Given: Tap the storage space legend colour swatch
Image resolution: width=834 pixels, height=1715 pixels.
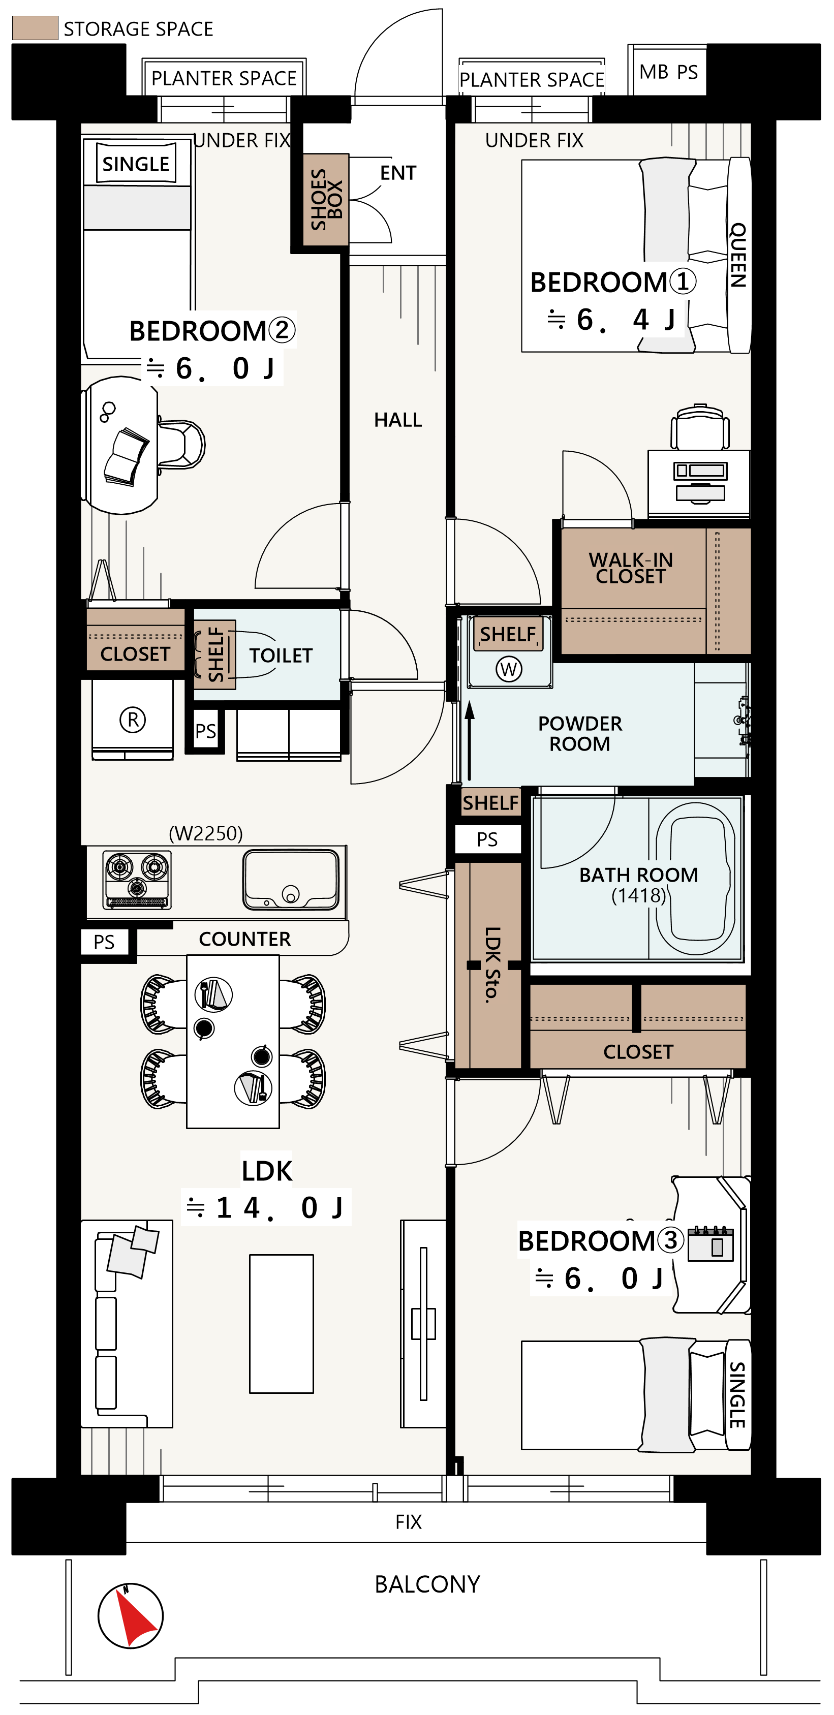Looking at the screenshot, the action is coord(35,28).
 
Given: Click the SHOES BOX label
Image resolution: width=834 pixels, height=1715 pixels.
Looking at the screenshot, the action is coord(326,199).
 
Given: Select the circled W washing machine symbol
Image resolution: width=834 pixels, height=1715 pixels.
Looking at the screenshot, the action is coord(509,669).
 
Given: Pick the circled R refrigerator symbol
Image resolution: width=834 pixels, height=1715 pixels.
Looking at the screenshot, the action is coord(133,720).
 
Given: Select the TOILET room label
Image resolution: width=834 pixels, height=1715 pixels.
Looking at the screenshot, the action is coord(281,656).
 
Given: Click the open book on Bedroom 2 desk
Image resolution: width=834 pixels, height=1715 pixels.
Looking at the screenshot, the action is coord(126,457).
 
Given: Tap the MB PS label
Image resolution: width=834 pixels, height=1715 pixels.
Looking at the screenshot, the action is coord(668,72).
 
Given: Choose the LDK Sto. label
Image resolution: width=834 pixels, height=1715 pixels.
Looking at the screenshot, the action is coord(492,964).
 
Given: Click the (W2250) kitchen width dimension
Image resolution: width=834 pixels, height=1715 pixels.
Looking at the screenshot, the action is coord(206,833).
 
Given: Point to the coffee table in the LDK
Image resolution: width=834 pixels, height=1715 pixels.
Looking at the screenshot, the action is coord(282,1324).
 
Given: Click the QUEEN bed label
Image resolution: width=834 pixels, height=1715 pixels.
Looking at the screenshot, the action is coord(738,255).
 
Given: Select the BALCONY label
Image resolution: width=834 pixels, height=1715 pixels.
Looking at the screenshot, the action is coord(427,1584).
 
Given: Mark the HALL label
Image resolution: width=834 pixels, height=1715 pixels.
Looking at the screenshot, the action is coord(398,420).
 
